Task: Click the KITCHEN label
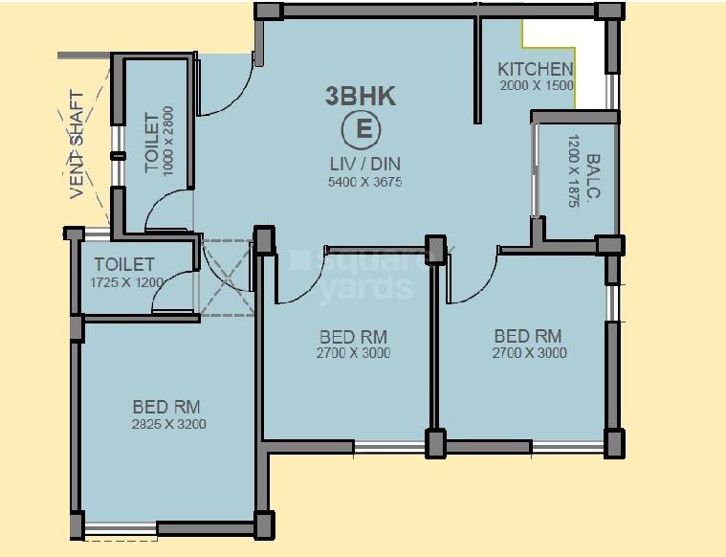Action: (x=536, y=69)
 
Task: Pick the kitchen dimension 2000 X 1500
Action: (x=536, y=86)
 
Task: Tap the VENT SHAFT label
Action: (x=77, y=145)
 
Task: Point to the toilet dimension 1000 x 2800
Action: (x=169, y=140)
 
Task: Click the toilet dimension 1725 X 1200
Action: (x=127, y=282)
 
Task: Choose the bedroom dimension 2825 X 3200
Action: (x=169, y=424)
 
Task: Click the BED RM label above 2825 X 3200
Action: (x=166, y=407)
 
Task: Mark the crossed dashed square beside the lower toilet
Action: (x=227, y=277)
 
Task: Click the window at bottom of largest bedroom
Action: (x=120, y=527)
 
